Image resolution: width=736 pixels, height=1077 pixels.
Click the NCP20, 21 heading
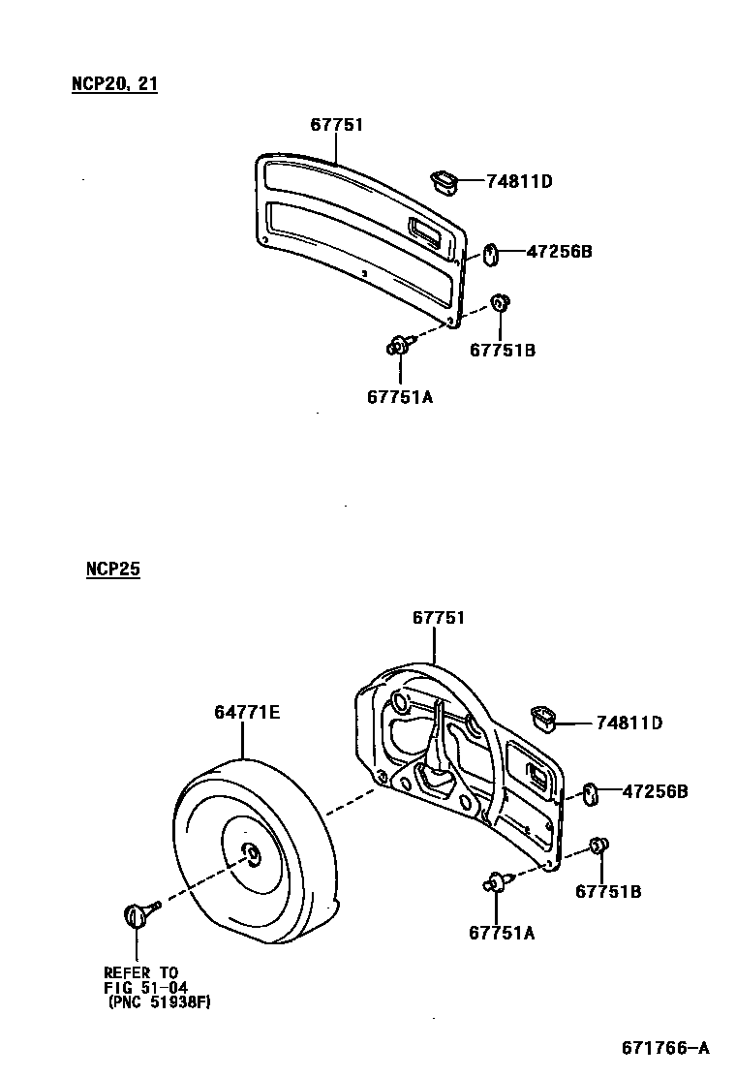click(x=114, y=84)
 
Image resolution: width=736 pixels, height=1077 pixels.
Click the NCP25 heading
click(x=112, y=569)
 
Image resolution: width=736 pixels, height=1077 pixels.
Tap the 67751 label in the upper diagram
click(x=337, y=125)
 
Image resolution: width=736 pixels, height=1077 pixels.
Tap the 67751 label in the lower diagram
click(x=439, y=617)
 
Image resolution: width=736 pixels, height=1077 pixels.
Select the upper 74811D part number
click(x=519, y=180)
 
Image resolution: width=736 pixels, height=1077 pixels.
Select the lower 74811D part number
click(x=629, y=723)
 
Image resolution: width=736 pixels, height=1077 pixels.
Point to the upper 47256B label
click(x=559, y=252)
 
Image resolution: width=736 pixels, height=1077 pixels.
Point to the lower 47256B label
click(x=655, y=791)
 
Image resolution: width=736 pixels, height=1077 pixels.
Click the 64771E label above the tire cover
click(x=247, y=713)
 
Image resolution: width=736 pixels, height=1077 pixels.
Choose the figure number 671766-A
click(x=665, y=1048)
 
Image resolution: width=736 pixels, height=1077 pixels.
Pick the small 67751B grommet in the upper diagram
click(x=501, y=303)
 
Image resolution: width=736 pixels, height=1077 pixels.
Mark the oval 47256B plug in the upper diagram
click(x=489, y=255)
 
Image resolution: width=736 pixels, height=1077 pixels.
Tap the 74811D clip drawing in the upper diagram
click(x=443, y=179)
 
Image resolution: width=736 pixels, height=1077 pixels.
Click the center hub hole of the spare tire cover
click(x=250, y=853)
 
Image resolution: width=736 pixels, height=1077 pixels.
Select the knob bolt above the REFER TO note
click(x=138, y=912)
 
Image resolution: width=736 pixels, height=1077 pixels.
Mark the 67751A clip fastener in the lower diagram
click(x=496, y=880)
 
